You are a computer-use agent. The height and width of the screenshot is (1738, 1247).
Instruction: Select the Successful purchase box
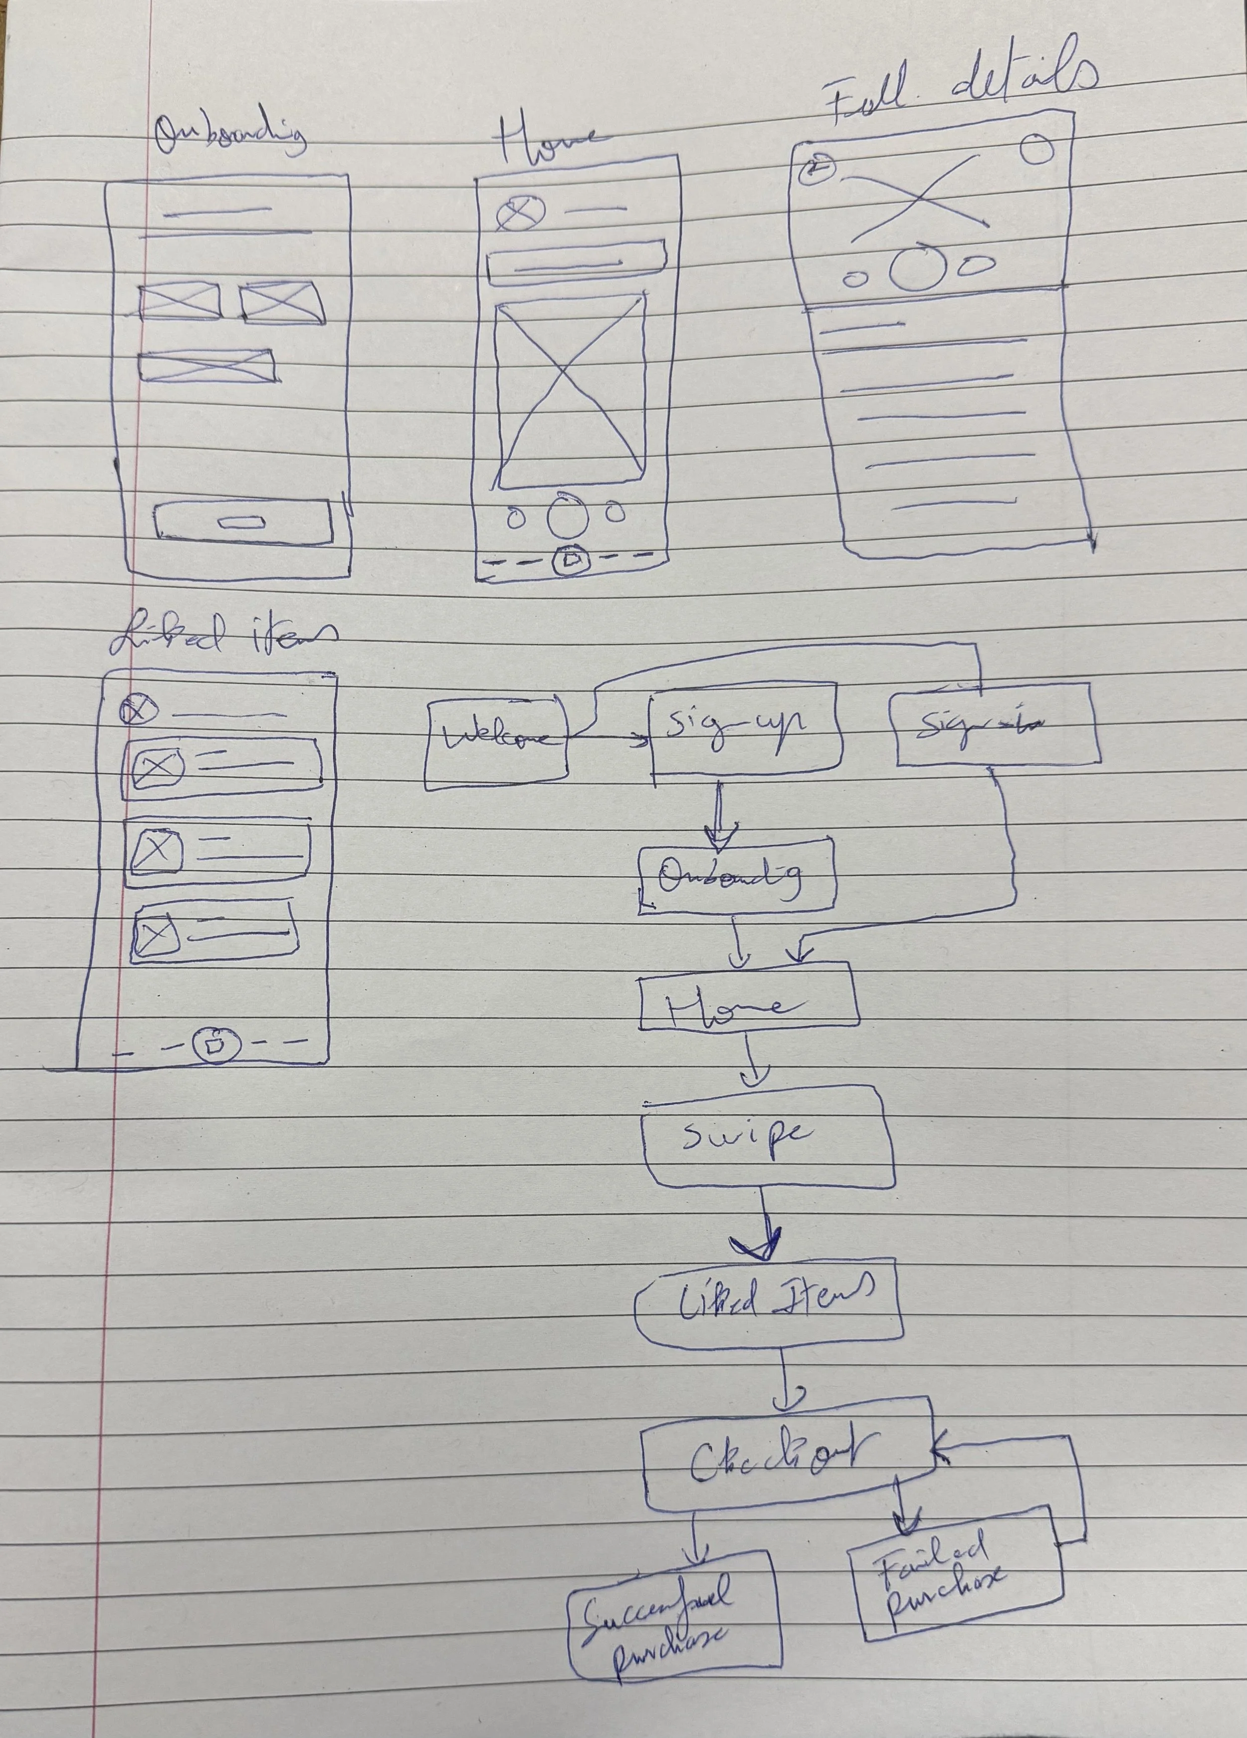click(x=674, y=1602)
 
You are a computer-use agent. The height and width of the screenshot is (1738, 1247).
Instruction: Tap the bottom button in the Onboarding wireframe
click(x=242, y=522)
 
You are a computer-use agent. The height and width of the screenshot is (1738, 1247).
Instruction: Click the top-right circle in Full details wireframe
click(x=1038, y=149)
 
